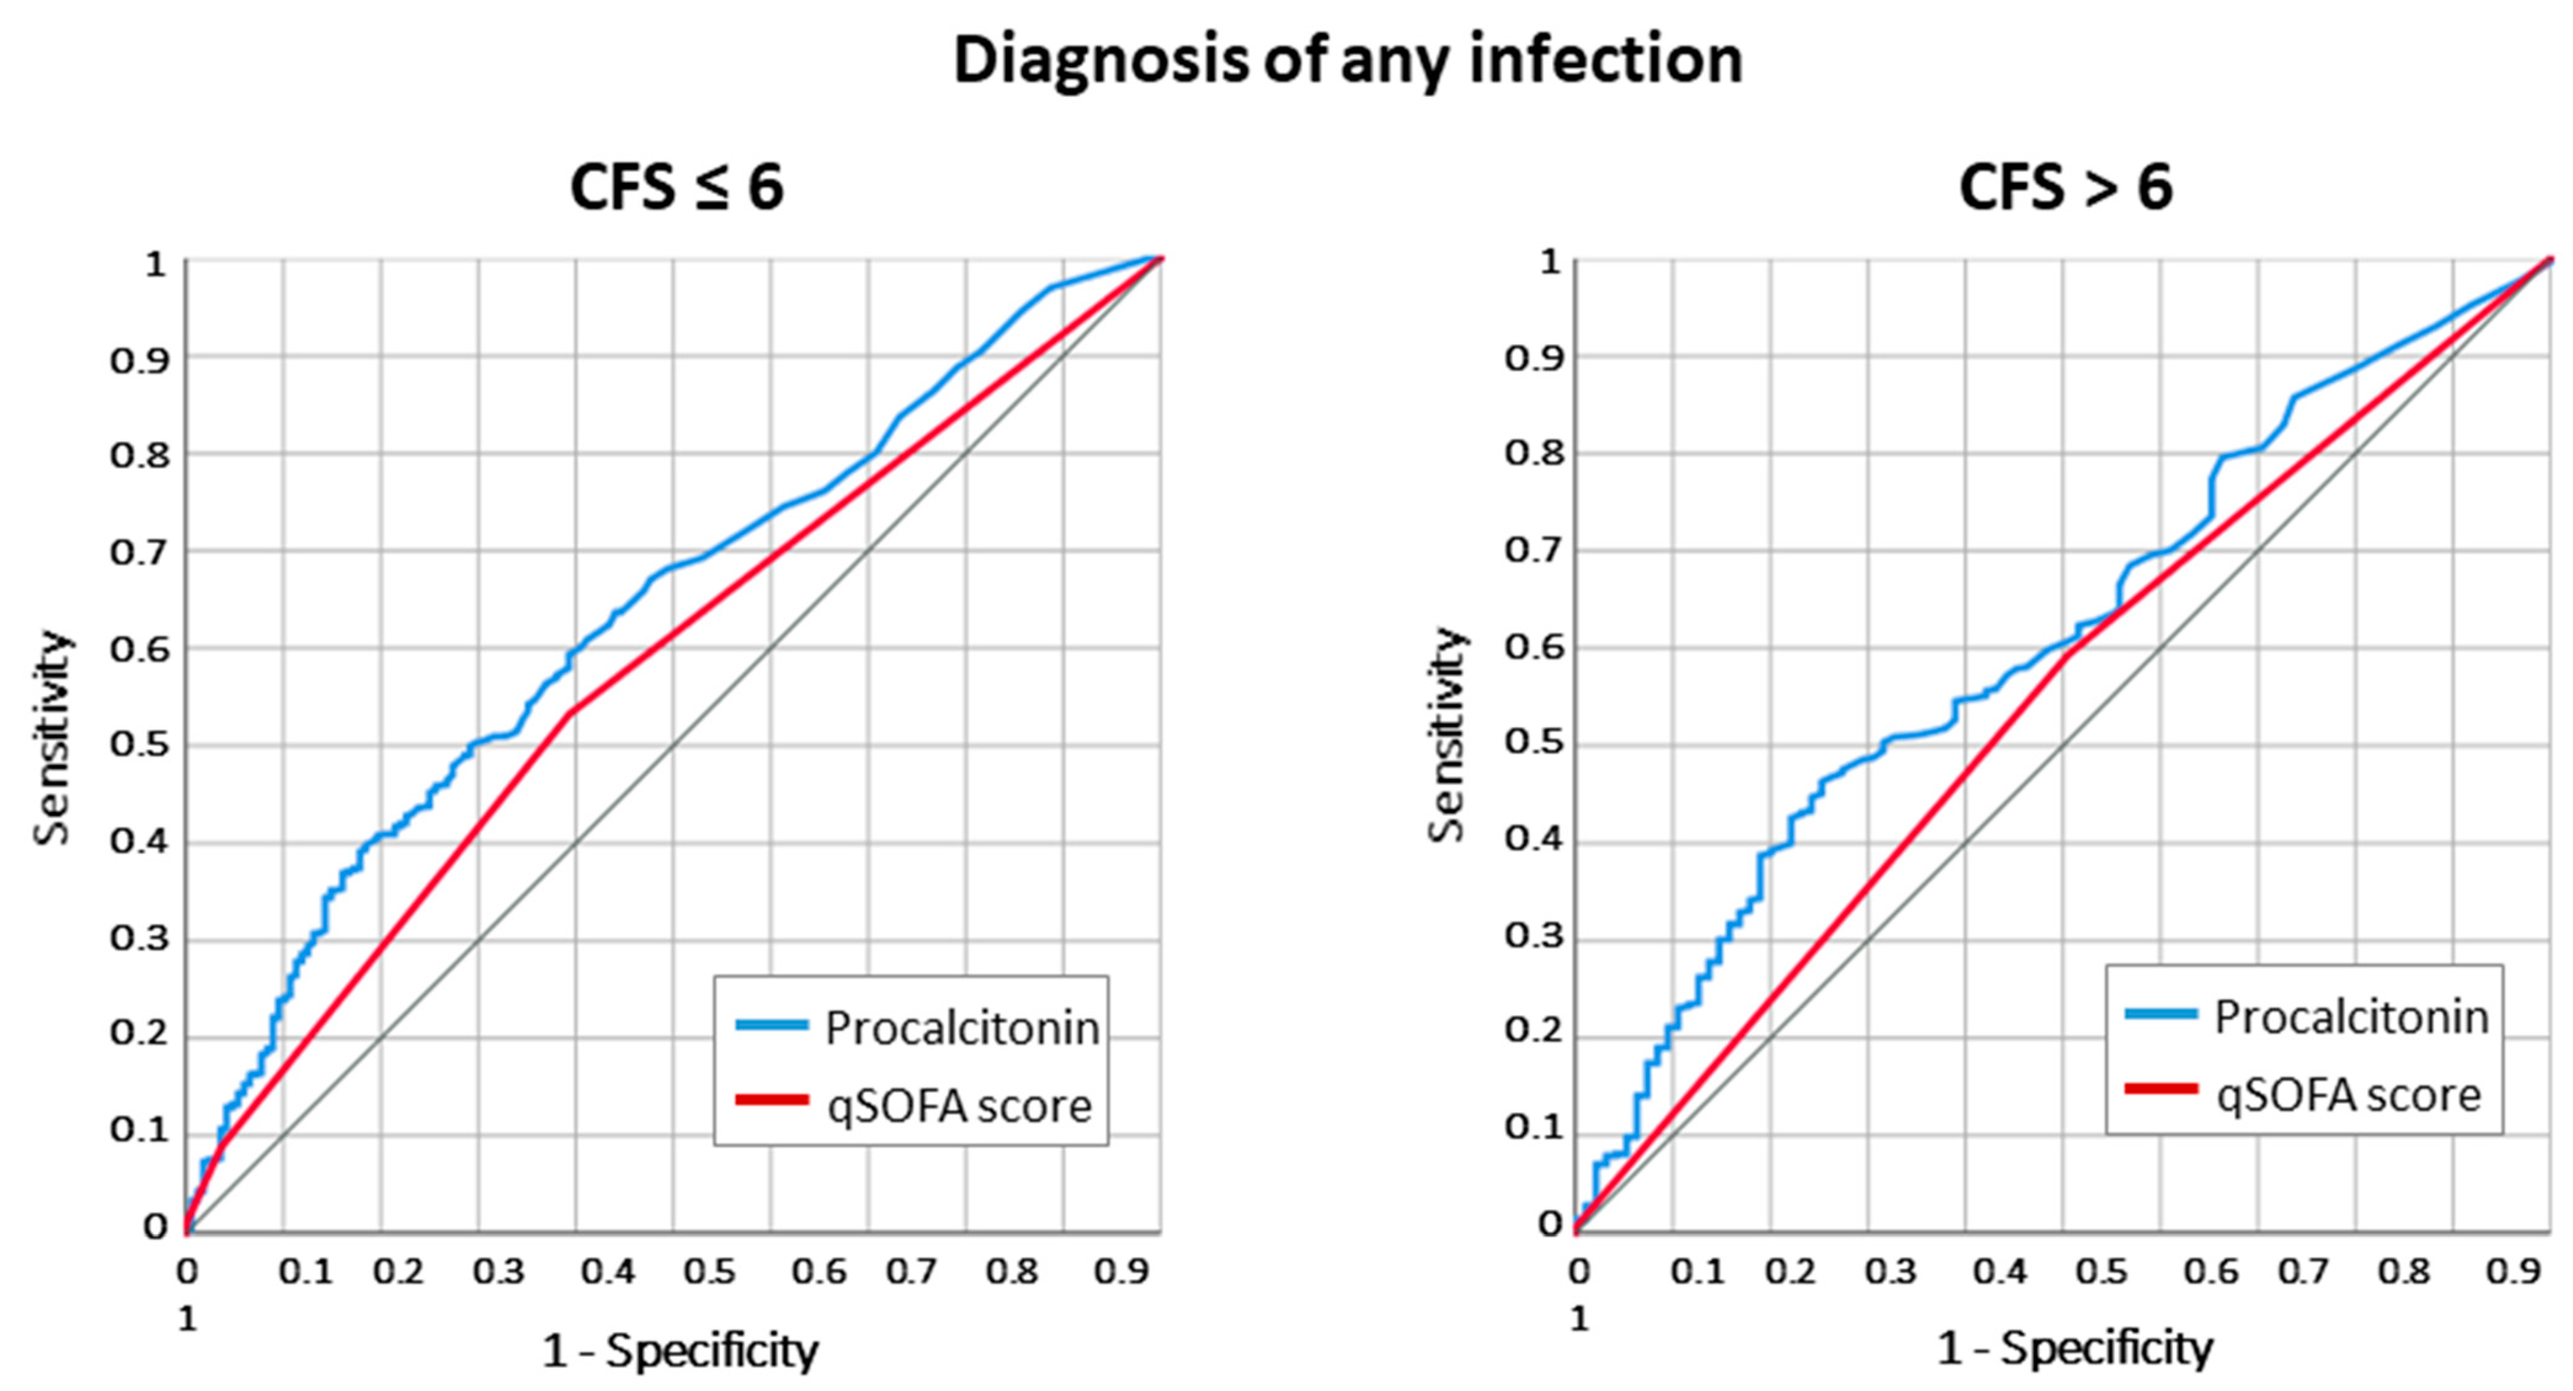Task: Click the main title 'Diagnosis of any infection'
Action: tap(1347, 60)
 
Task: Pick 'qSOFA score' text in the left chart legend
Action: tap(959, 1105)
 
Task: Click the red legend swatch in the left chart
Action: tap(771, 1100)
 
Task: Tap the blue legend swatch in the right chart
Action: tap(2161, 1014)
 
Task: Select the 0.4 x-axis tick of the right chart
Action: tap(2000, 1271)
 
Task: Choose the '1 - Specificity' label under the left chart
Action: tap(679, 1351)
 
